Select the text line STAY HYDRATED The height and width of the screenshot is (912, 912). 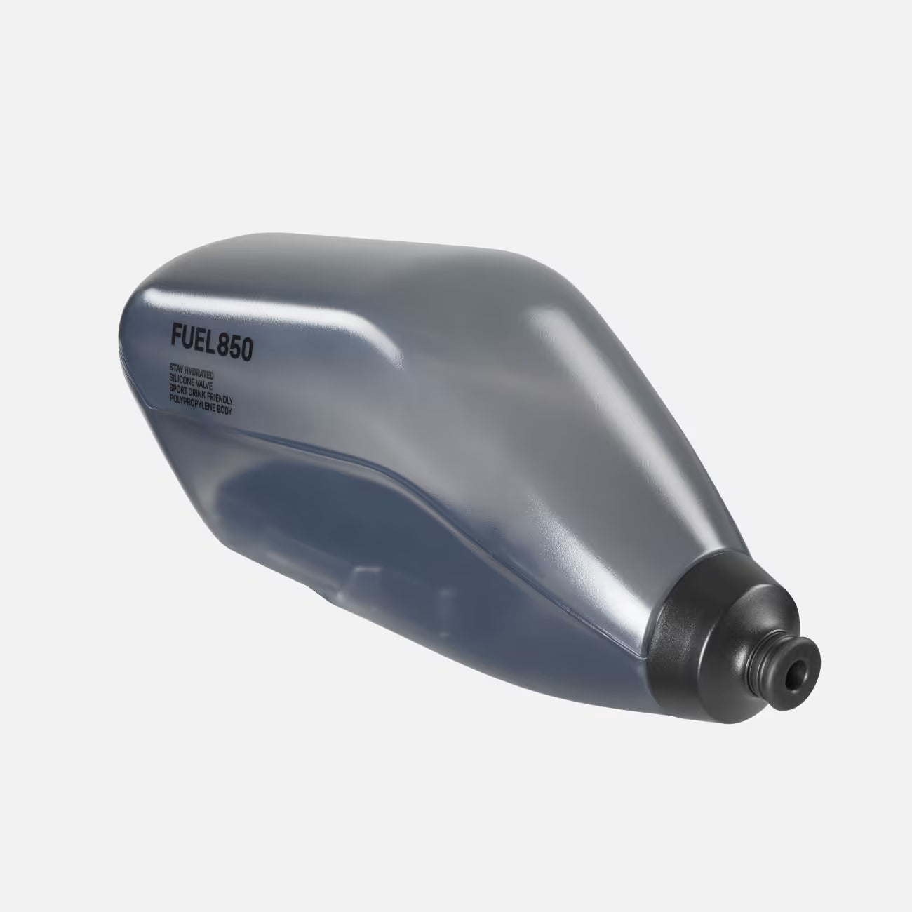pyautogui.click(x=191, y=370)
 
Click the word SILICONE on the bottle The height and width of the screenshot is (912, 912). pyautogui.click(x=184, y=377)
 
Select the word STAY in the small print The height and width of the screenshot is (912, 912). pyautogui.click(x=176, y=367)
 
